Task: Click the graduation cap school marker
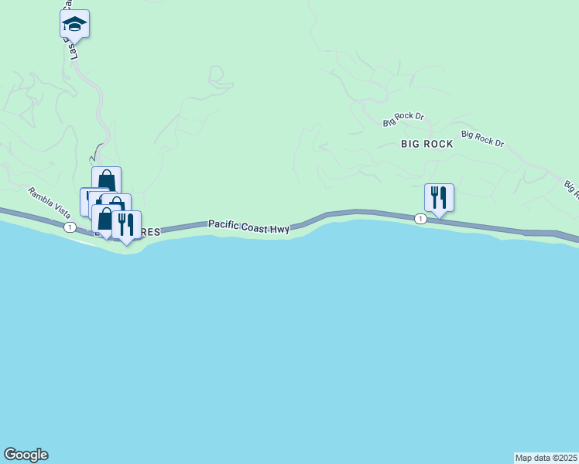pos(74,24)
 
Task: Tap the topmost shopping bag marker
pos(106,181)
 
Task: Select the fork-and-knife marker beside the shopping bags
pos(126,225)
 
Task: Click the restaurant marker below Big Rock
pos(439,197)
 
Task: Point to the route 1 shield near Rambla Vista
pos(70,227)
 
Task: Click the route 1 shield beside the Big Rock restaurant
pos(420,219)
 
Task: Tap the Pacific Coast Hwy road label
pos(248,225)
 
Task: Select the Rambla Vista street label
pos(50,203)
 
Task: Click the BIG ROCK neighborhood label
pos(427,144)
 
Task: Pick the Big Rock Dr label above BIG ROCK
pos(404,119)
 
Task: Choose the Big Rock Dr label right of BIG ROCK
pos(482,139)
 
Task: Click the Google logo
pos(26,455)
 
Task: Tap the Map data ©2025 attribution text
pos(546,458)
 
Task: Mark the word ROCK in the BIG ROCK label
pos(438,144)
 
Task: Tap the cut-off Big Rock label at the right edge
pos(571,188)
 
